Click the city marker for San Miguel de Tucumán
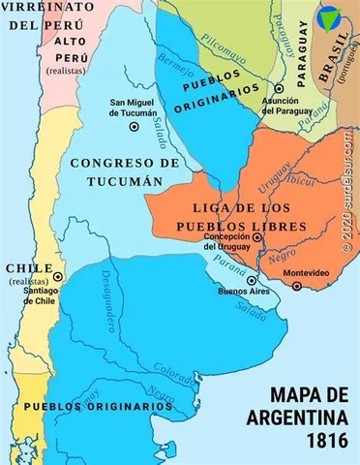(134, 126)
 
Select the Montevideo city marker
(298, 286)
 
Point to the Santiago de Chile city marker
(58, 276)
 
